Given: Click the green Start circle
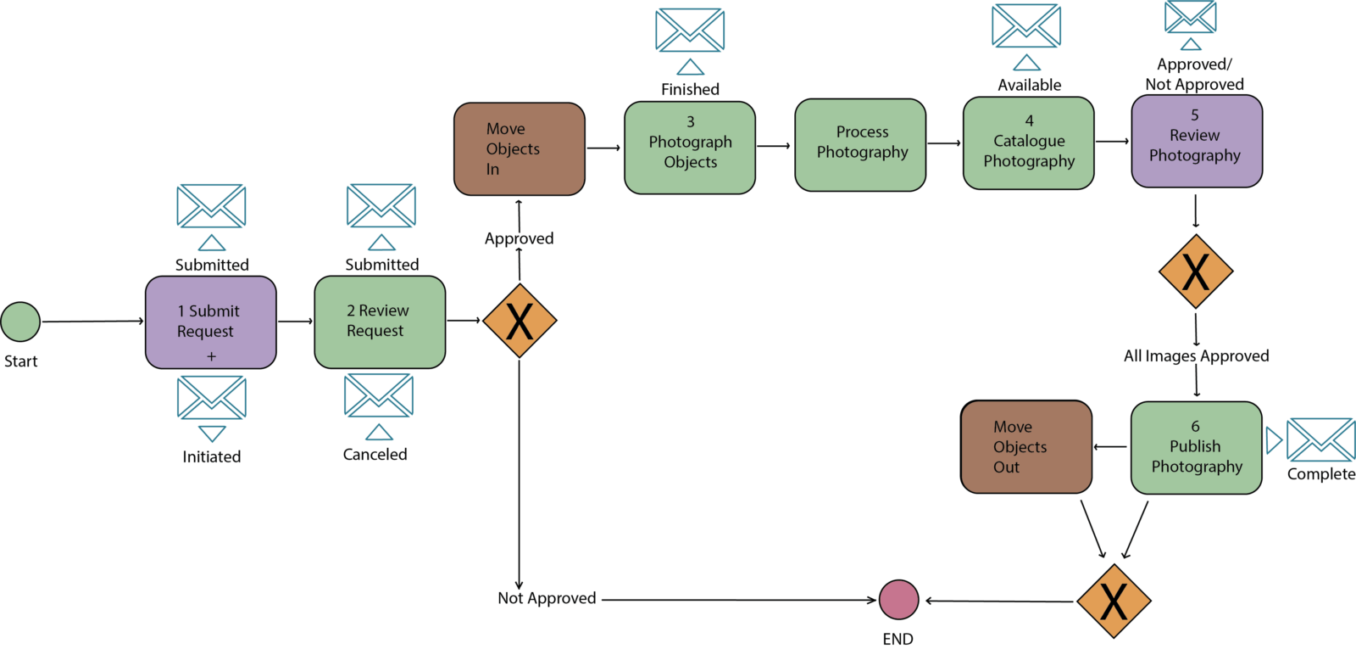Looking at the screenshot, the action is click(20, 322).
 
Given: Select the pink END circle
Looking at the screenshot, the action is click(899, 600).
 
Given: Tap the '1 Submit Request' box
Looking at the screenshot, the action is click(211, 322).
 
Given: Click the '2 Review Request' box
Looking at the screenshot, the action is click(381, 322).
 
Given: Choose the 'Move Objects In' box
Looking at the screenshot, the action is click(520, 149).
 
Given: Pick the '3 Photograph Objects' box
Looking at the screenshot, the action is click(690, 148).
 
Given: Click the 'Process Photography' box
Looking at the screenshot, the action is click(860, 145).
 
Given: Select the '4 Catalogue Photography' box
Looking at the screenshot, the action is click(1029, 143).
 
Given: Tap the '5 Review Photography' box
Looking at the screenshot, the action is click(1197, 141).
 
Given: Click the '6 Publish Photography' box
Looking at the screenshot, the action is click(1196, 448).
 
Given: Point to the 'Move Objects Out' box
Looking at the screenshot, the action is click(1026, 446).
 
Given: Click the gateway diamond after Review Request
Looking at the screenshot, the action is click(520, 321).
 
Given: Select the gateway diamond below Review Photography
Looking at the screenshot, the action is click(1196, 271).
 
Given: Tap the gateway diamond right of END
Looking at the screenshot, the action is click(1114, 601).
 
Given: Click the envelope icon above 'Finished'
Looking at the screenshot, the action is click(690, 30).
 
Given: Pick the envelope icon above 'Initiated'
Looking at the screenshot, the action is click(212, 398).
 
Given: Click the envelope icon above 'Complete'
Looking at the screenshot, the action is click(1321, 439).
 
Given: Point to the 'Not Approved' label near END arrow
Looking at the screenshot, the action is click(547, 598).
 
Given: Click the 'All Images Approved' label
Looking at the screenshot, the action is click(1196, 355).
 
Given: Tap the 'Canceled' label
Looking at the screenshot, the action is click(375, 455).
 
